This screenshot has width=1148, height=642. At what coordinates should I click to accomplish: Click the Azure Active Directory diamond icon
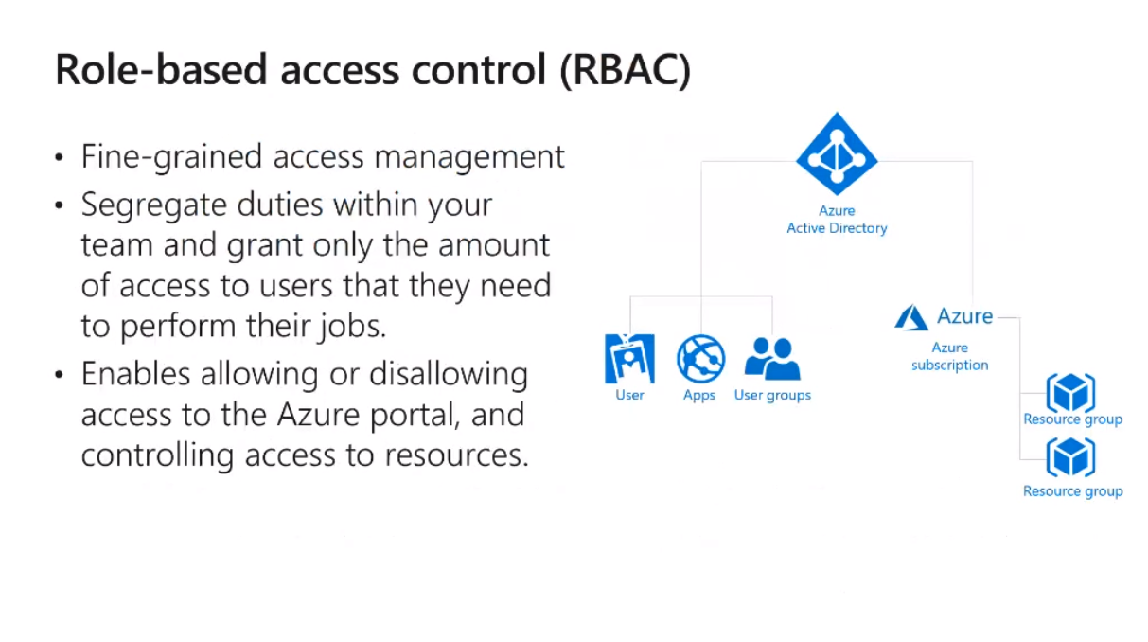837,153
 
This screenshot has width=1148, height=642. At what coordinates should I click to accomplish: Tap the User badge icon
629,359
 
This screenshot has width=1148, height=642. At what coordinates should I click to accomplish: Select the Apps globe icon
700,359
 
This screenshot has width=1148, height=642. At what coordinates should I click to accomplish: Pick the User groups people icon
772,359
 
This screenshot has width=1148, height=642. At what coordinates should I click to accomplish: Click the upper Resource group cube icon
1070,393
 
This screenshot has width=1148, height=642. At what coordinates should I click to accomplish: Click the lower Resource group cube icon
1070,457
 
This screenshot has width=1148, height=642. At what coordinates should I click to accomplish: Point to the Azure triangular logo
911,317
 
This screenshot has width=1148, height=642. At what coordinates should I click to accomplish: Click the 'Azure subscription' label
949,356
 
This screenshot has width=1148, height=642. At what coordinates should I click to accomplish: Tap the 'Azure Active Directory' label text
837,220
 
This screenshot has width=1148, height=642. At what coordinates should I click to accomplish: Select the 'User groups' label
772,396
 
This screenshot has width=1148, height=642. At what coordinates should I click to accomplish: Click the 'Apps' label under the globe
699,396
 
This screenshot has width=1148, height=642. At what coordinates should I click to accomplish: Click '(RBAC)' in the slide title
626,70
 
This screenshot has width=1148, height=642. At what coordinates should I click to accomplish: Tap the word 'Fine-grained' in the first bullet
171,157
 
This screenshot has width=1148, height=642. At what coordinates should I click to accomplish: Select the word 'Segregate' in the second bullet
153,205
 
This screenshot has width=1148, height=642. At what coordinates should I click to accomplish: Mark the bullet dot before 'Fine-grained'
59,157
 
